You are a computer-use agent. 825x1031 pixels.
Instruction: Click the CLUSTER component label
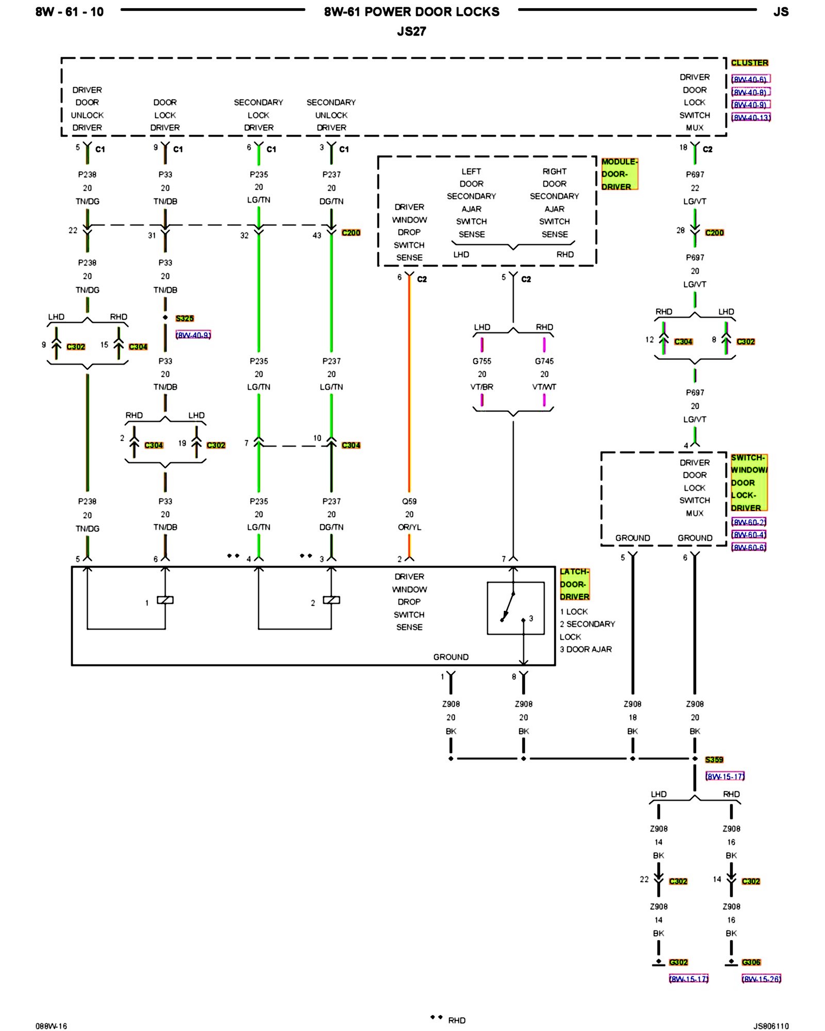tap(749, 63)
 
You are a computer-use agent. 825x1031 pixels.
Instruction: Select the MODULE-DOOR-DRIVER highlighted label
tap(619, 174)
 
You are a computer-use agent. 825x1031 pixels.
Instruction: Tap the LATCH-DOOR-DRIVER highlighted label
tap(574, 584)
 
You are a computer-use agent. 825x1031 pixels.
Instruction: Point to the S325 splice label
tap(185, 319)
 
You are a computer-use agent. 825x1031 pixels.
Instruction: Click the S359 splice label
tap(714, 759)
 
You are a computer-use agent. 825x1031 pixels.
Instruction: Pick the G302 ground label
tap(678, 962)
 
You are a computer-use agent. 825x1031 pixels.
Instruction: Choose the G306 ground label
tap(751, 962)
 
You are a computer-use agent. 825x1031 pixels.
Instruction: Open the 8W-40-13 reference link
tap(751, 118)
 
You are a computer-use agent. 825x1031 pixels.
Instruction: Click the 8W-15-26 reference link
tap(761, 978)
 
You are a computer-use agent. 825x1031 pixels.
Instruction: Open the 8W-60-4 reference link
tap(749, 535)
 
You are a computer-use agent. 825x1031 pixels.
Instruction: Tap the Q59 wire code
tap(409, 501)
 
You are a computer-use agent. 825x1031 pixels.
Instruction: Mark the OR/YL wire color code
tap(409, 527)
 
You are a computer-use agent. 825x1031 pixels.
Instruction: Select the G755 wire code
tap(482, 361)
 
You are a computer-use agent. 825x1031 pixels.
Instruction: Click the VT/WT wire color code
tap(544, 387)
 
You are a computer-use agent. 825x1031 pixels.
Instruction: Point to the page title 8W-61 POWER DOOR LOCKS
tap(411, 12)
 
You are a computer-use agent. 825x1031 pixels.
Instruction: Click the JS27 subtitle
tap(411, 31)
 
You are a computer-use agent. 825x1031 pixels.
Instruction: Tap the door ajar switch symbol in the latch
tap(515, 608)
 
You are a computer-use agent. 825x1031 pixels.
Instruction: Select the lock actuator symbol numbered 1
tap(165, 600)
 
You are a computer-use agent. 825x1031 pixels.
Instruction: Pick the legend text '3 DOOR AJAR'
tap(586, 650)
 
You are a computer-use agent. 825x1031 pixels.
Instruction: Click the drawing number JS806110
tap(771, 1026)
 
